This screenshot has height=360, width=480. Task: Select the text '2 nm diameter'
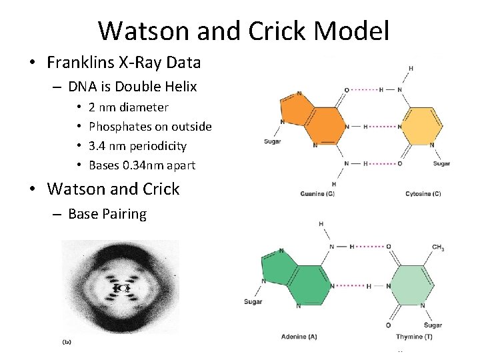(x=128, y=107)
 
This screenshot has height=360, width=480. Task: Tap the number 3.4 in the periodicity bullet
(x=99, y=145)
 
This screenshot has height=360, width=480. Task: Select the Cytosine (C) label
(x=423, y=194)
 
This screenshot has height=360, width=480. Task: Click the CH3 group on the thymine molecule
(x=438, y=248)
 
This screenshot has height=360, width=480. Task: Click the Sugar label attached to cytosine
(x=441, y=163)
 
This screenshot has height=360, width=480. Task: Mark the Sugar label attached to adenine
(x=253, y=302)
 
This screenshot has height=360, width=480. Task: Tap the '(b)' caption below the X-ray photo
(x=67, y=342)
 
